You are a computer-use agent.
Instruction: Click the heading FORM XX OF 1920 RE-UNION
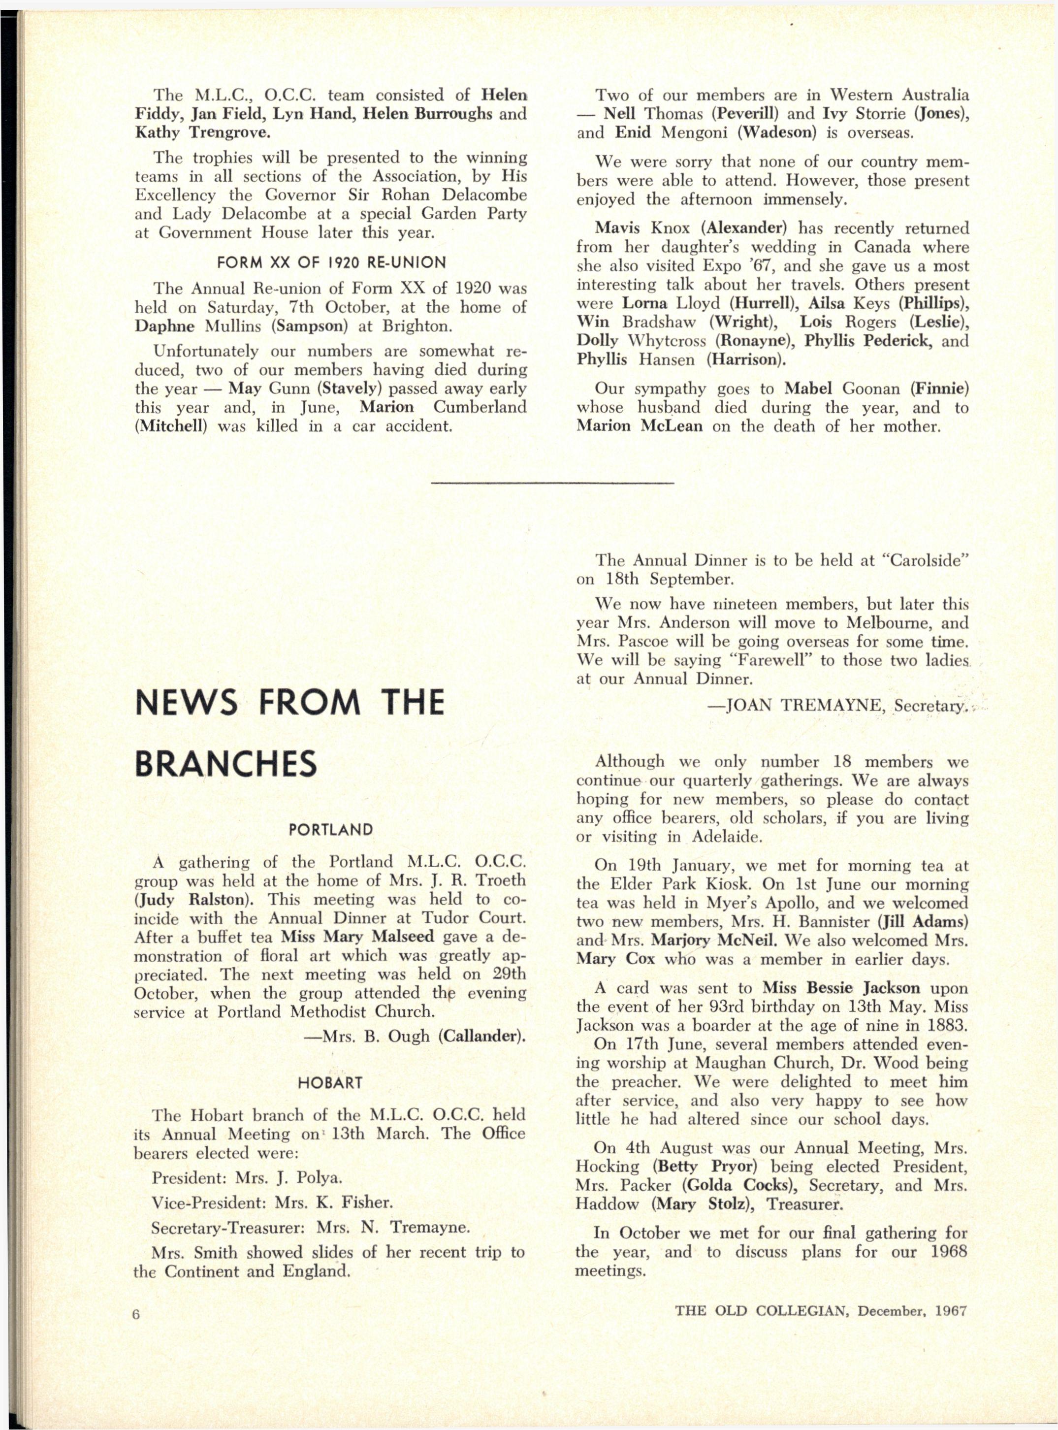pyautogui.click(x=331, y=262)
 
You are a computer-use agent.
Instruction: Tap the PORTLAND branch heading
pyautogui.click(x=330, y=830)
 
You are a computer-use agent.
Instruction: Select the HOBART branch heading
pyautogui.click(x=330, y=1083)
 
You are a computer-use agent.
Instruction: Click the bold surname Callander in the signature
pyautogui.click(x=481, y=1037)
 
